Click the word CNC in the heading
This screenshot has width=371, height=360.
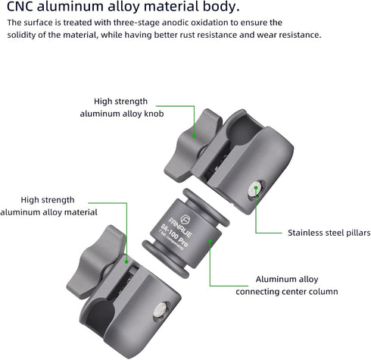point(20,6)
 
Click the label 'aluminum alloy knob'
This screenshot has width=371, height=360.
point(122,114)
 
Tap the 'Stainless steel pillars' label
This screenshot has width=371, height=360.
point(329,233)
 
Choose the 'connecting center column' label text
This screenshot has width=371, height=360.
point(287,292)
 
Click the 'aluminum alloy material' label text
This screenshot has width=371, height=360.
point(49,212)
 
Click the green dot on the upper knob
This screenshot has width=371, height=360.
point(194,136)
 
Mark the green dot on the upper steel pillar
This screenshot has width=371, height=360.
point(256,188)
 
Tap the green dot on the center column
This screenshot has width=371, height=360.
point(210,240)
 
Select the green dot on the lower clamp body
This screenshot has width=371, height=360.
point(126,262)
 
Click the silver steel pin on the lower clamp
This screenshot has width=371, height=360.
point(160,311)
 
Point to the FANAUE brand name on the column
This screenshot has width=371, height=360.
point(180,227)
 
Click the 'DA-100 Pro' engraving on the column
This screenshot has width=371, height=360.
point(174,236)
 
